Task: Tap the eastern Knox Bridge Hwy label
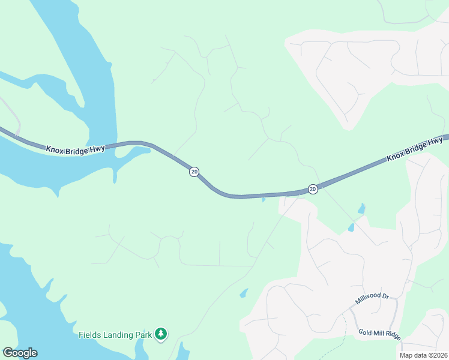coord(414,149)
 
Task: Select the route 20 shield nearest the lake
coord(194,172)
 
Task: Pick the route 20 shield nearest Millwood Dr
coord(313,189)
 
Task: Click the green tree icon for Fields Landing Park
coord(160,334)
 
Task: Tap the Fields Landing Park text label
coord(115,334)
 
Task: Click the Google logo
coord(20,353)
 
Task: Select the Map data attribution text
coord(424,355)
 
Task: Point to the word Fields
coord(90,334)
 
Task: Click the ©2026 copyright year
coord(438,355)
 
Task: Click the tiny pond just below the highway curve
coord(263,200)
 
